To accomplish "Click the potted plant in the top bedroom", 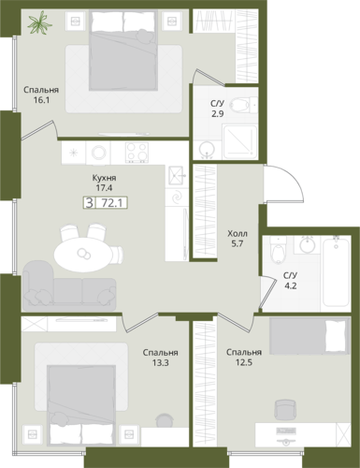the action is tap(39, 22).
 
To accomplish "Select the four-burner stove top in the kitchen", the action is tap(137, 153).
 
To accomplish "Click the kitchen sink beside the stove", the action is tap(177, 176).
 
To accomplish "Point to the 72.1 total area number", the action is tap(111, 203).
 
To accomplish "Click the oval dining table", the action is tap(82, 255).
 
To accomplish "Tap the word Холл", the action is tap(238, 233).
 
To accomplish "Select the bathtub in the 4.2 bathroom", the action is tap(336, 271).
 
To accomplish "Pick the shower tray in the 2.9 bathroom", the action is tap(239, 142).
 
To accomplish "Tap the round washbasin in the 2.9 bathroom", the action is tap(206, 149).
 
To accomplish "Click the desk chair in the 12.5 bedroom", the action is tap(285, 409).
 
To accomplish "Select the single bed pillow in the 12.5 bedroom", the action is tap(336, 336).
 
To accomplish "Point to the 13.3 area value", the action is tap(161, 363).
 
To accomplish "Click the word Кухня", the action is tap(104, 178).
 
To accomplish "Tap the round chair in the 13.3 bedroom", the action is tap(165, 420).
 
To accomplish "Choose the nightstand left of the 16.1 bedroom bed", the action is tap(76, 21).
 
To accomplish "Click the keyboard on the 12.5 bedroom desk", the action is tap(286, 431).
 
